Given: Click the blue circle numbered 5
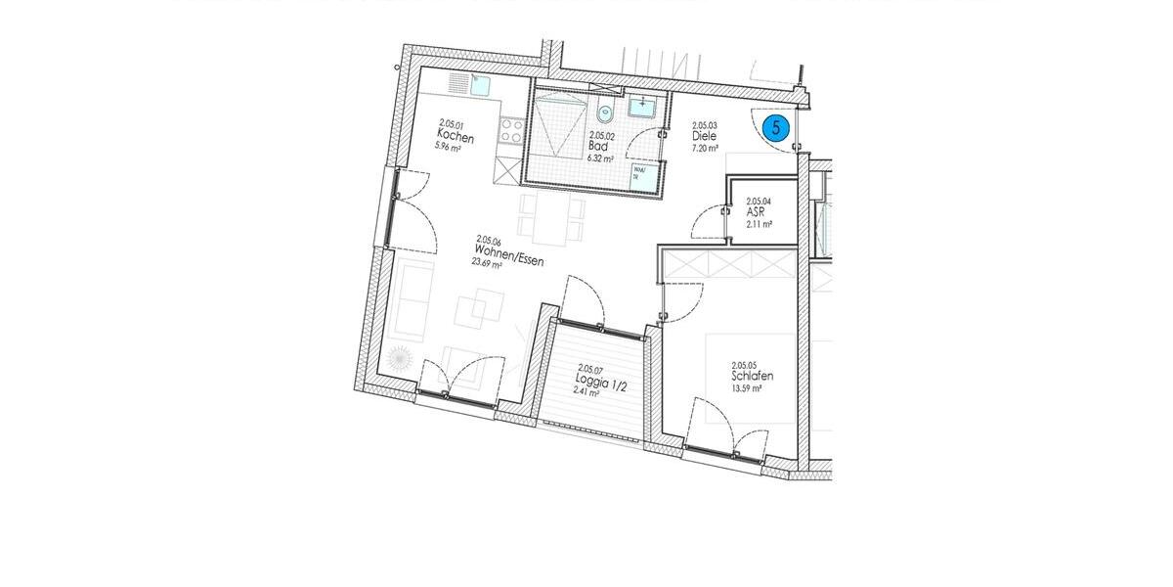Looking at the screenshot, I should (x=776, y=127).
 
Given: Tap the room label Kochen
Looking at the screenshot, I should (x=456, y=138).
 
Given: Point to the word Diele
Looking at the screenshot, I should (x=704, y=137).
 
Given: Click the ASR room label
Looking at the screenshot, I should (x=755, y=212).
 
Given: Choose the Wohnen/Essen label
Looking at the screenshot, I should (x=502, y=250).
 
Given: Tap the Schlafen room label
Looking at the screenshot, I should (x=752, y=376).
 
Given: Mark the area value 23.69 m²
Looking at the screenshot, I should (x=489, y=264).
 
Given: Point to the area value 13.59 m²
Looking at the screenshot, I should (x=746, y=388).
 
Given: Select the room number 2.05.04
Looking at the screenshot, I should (x=759, y=200).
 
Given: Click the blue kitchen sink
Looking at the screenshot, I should (x=479, y=85).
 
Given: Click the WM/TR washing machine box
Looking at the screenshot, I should (x=641, y=174).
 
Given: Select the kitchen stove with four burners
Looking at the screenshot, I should (x=508, y=130).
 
